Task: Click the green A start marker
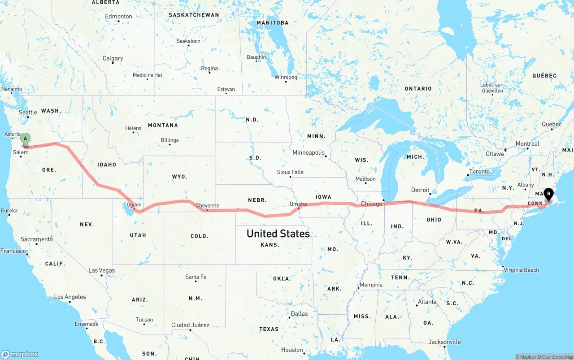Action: (x=26, y=139)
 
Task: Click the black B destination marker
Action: (x=548, y=195)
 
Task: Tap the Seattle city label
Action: (x=28, y=113)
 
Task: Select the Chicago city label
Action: (x=372, y=204)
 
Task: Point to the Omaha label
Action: (x=298, y=204)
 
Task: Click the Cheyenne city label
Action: (x=207, y=206)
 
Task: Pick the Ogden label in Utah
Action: (x=134, y=205)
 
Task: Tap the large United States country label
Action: (x=278, y=234)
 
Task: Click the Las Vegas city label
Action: (x=101, y=270)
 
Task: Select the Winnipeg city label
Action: (x=286, y=77)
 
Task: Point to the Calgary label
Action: (x=113, y=58)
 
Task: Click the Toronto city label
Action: (x=479, y=172)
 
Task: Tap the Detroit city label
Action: (x=420, y=190)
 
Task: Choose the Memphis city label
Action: (x=371, y=285)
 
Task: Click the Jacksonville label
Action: (x=444, y=342)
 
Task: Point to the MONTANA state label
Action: (x=163, y=125)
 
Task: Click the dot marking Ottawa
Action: (x=505, y=150)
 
